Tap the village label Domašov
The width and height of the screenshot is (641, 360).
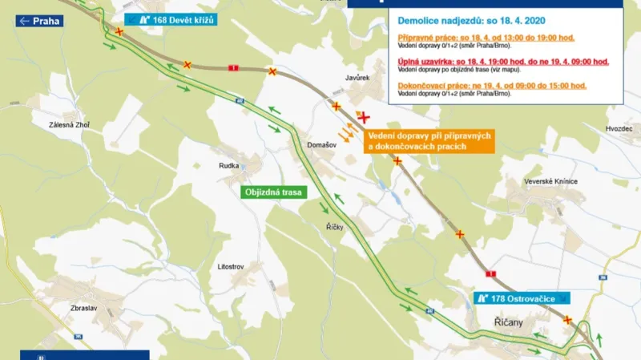[x=321, y=144]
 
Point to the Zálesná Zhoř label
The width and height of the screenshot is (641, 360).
[x=71, y=124]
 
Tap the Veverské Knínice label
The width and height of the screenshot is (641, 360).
[x=551, y=182]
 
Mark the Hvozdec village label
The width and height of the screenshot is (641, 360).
[x=620, y=128]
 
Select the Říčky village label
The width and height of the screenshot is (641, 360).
[x=335, y=228]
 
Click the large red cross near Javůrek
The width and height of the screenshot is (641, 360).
[x=365, y=117]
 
